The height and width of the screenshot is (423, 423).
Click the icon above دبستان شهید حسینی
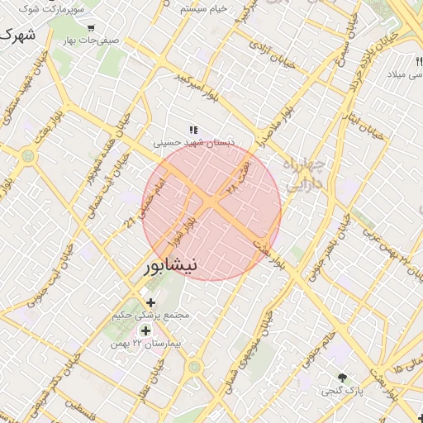point(194,130)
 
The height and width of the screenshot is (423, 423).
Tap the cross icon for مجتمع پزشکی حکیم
point(150,302)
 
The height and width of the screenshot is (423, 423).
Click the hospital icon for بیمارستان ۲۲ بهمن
point(146,330)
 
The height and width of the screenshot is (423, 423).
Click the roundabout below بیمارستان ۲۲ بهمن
point(194,366)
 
